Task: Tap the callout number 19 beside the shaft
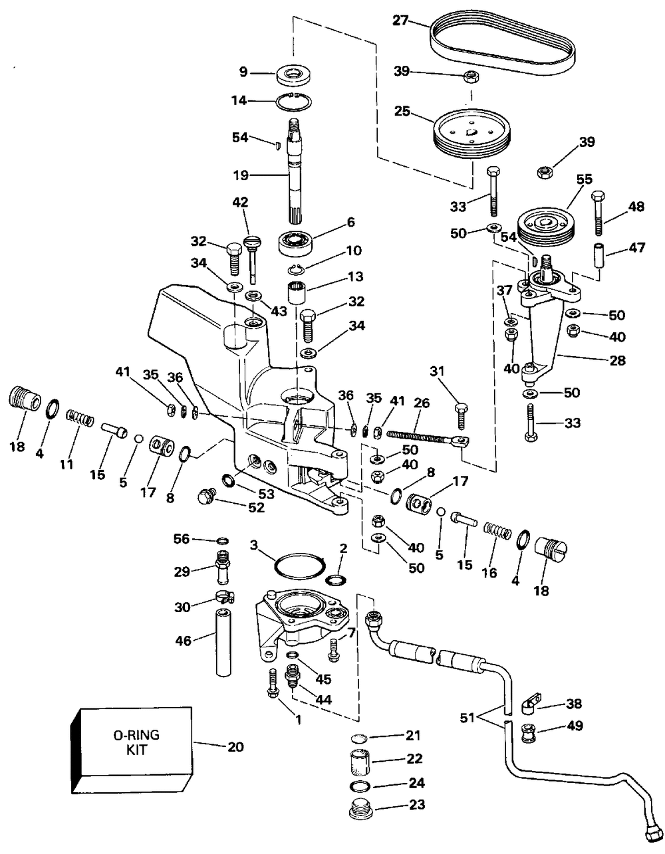(x=241, y=175)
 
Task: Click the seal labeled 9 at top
(x=294, y=74)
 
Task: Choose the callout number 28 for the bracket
(x=617, y=360)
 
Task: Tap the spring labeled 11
(x=80, y=417)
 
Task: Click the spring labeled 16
(x=497, y=532)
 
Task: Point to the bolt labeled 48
(x=598, y=213)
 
